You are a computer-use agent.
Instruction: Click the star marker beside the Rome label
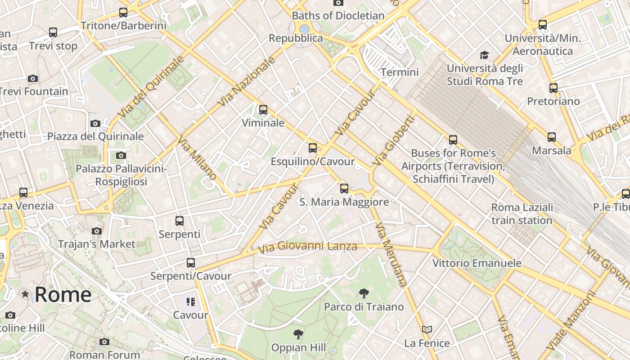click(25, 294)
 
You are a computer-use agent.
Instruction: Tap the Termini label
click(400, 72)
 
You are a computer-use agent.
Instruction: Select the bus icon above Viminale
click(263, 109)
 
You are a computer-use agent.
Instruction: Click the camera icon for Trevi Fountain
click(32, 78)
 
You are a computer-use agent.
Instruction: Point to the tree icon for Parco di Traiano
click(364, 294)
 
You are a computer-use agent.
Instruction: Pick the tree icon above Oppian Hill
click(297, 334)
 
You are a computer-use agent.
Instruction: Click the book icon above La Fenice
click(427, 330)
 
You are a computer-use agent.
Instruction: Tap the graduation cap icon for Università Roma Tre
click(484, 55)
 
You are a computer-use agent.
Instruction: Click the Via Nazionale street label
click(246, 81)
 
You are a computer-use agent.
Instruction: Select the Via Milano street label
click(197, 158)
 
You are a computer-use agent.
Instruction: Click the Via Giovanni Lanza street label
click(307, 247)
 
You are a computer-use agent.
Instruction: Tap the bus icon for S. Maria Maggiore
click(344, 188)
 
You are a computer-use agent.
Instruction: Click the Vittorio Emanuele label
click(477, 263)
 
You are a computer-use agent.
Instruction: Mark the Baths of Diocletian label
click(338, 16)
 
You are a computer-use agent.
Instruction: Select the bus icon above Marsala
click(551, 137)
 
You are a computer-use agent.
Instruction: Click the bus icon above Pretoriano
click(553, 88)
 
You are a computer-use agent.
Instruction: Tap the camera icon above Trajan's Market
click(97, 231)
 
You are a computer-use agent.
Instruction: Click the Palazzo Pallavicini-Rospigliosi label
click(121, 175)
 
